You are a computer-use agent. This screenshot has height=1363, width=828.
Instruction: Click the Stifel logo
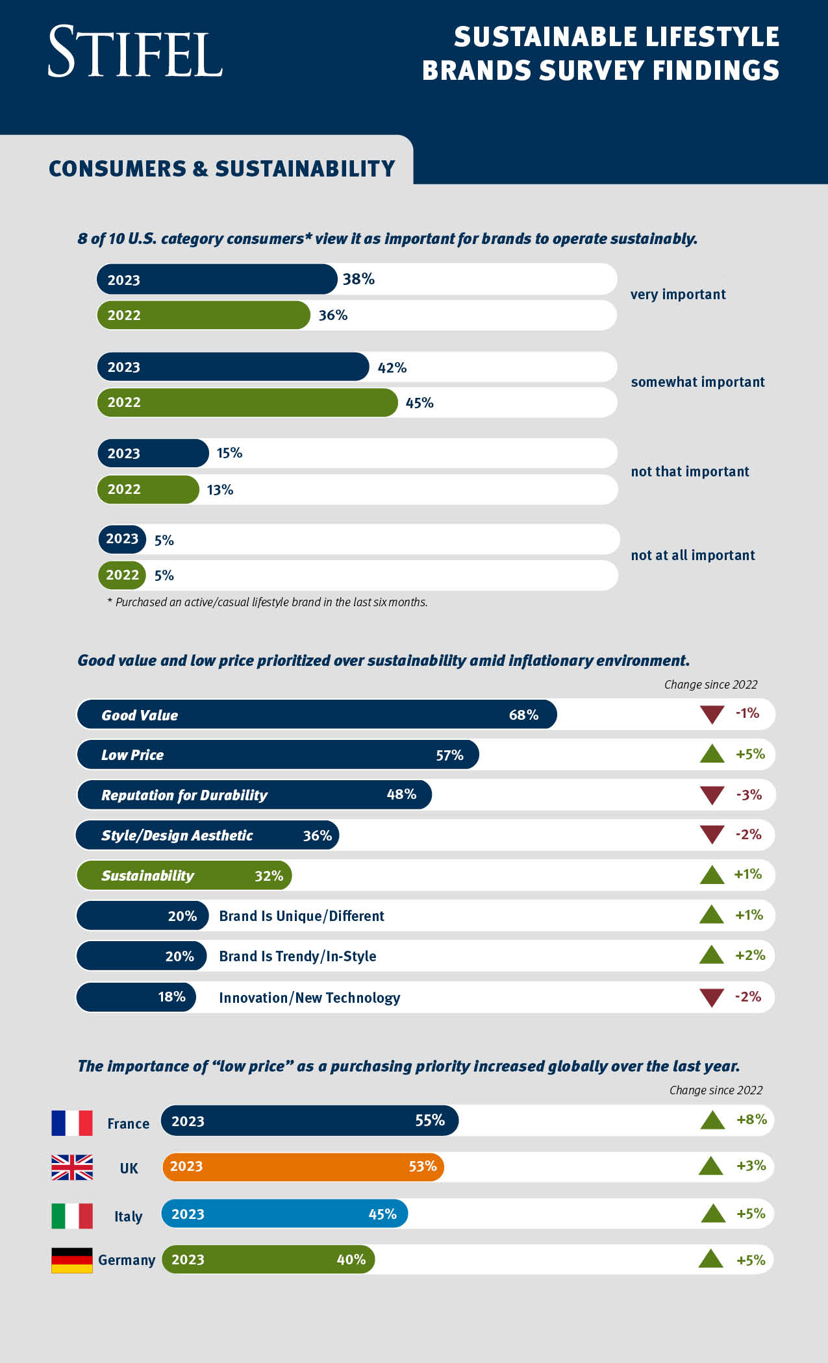[135, 53]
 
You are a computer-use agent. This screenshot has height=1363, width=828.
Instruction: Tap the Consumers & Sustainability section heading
[221, 169]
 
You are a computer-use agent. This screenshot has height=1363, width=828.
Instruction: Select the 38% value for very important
[358, 279]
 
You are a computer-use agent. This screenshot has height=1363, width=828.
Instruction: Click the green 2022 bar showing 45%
[247, 402]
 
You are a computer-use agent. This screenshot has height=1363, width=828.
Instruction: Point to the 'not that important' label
[690, 472]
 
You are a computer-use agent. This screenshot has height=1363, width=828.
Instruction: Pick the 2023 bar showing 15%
[153, 453]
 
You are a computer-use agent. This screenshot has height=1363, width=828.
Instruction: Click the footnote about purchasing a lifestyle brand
[267, 602]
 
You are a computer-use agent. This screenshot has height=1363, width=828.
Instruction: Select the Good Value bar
[316, 715]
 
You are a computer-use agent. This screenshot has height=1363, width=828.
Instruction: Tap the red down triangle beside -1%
[712, 715]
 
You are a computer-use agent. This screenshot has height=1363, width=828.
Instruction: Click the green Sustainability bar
[184, 876]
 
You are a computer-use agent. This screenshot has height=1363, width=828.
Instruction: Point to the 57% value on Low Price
[449, 755]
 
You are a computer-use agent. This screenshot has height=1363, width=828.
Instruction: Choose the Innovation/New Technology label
[309, 998]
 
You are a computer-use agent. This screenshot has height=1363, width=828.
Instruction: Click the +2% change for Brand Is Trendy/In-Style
[750, 955]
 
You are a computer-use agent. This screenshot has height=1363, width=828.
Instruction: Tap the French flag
[72, 1123]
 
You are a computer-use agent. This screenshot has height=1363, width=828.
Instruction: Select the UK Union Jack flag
[72, 1167]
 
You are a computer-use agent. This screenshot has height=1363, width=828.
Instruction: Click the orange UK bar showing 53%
[303, 1167]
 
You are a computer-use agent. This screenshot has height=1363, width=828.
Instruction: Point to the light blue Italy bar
[284, 1214]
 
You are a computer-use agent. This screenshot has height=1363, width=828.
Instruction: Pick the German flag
[72, 1260]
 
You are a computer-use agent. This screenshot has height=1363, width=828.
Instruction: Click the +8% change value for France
[751, 1120]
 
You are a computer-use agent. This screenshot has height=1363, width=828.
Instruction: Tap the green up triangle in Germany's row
[711, 1260]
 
